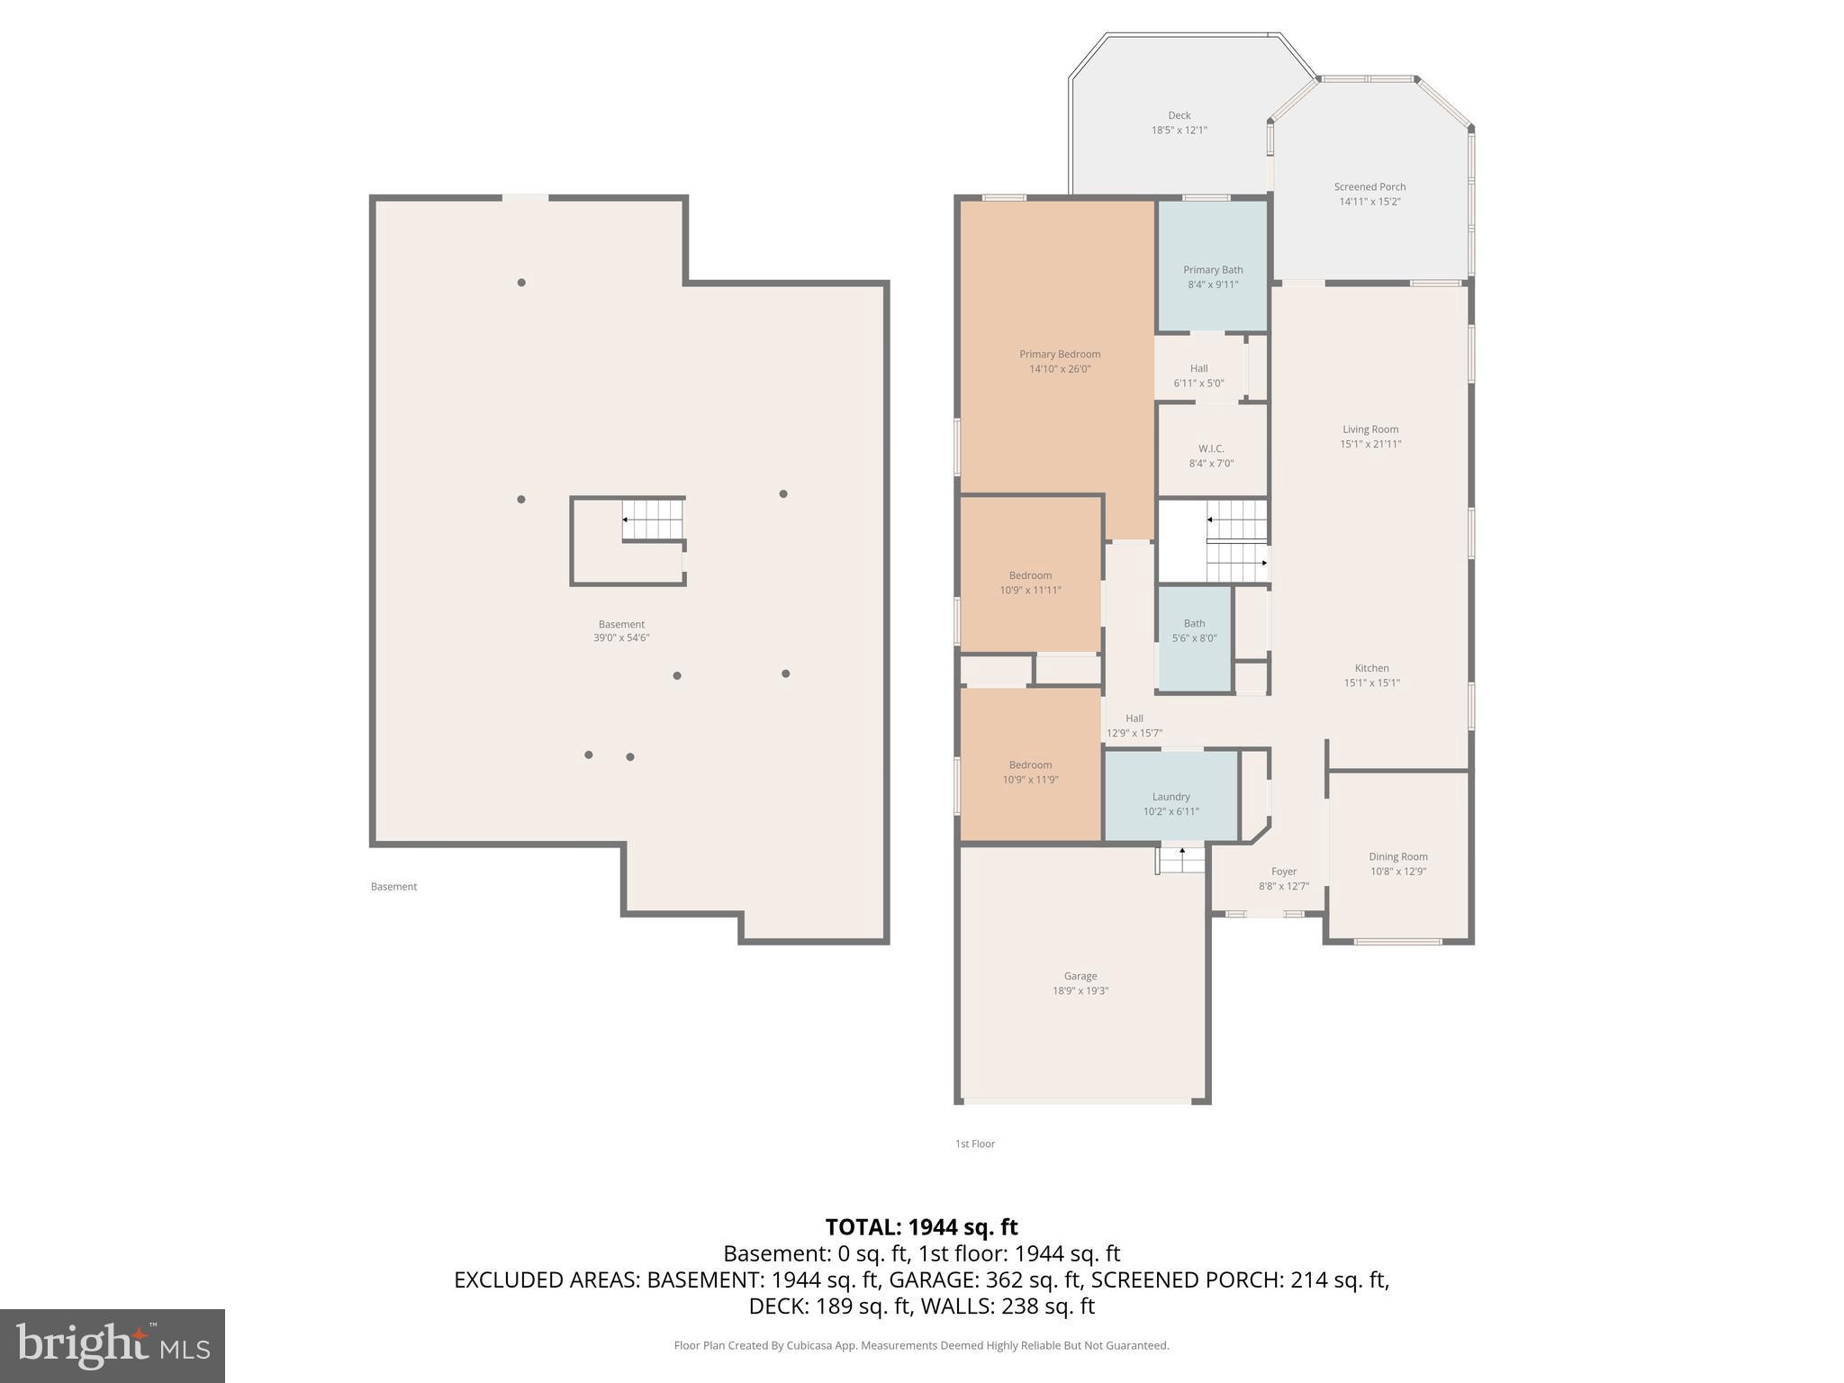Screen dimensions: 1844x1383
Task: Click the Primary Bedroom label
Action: tap(1060, 361)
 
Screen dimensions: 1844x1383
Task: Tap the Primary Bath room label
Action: tap(1213, 277)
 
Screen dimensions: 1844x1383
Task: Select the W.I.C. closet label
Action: tap(1211, 456)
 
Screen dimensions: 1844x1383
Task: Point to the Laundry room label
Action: tap(1171, 804)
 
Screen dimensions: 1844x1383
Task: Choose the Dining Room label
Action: tap(1398, 864)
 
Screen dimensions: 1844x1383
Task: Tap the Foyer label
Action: tap(1284, 879)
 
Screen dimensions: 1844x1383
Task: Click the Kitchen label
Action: tap(1372, 675)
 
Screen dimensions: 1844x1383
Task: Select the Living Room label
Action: tap(1371, 437)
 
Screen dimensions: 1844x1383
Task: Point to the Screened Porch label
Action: tap(1370, 194)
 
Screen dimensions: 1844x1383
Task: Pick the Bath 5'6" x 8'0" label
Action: tap(1195, 630)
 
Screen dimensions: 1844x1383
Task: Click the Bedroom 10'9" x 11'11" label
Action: tap(1031, 583)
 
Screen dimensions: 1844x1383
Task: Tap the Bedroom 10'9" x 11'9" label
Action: tap(1031, 772)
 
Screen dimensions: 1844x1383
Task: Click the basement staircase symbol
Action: tap(654, 520)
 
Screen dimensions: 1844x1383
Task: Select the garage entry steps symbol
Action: tap(1180, 861)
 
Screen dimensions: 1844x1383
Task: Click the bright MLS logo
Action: tap(113, 1346)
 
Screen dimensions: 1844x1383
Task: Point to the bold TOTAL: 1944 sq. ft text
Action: tap(922, 1227)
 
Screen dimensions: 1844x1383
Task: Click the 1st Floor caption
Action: tap(975, 1143)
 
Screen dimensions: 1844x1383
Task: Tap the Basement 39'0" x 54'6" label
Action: tap(622, 631)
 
